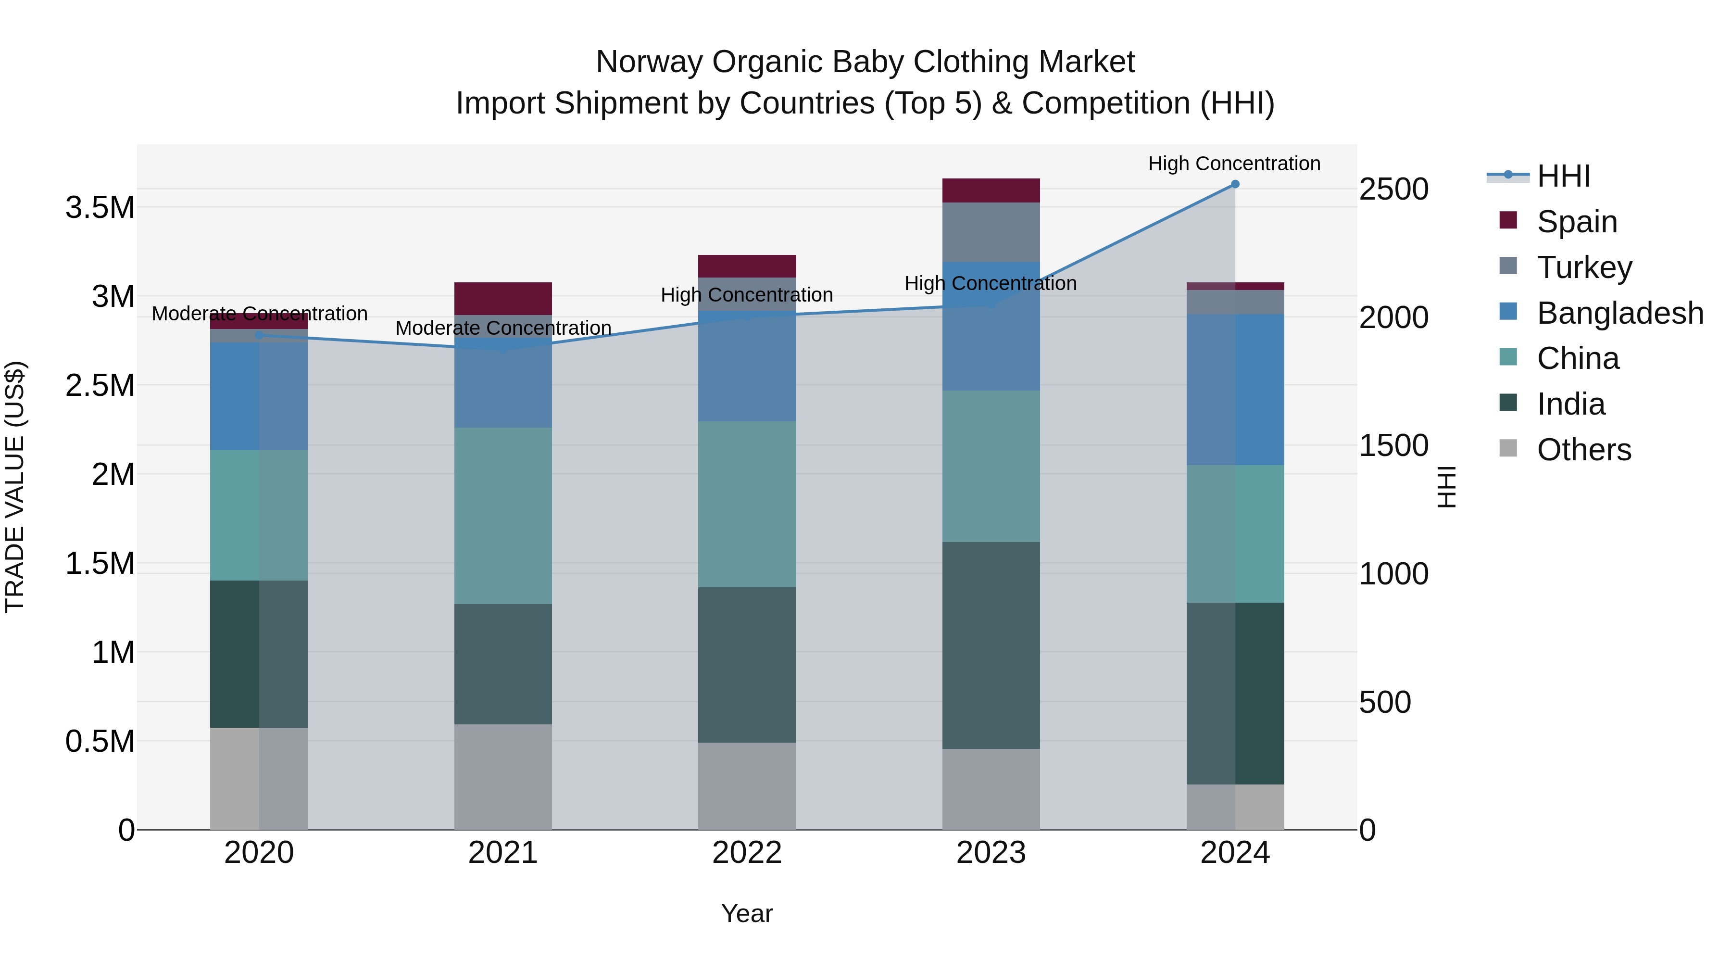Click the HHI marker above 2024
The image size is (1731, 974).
tap(1235, 184)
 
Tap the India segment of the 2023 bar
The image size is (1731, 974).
tap(991, 645)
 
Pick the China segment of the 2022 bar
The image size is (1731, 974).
tap(747, 504)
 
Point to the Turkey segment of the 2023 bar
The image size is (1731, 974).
tap(991, 232)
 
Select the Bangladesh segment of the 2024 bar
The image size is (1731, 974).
tap(1235, 390)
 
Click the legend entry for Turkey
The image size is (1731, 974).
tap(1584, 267)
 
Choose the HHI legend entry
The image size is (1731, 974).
tap(1563, 176)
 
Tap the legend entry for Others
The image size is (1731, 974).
tap(1583, 450)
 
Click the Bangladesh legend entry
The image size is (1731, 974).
tap(1619, 313)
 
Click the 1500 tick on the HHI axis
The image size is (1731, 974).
tap(1393, 446)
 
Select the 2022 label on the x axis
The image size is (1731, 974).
tap(747, 853)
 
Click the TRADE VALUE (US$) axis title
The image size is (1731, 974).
tap(15, 487)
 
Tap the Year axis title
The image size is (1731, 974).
tap(747, 913)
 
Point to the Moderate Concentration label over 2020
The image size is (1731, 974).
tap(259, 314)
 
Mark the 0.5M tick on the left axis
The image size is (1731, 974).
tap(100, 741)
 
